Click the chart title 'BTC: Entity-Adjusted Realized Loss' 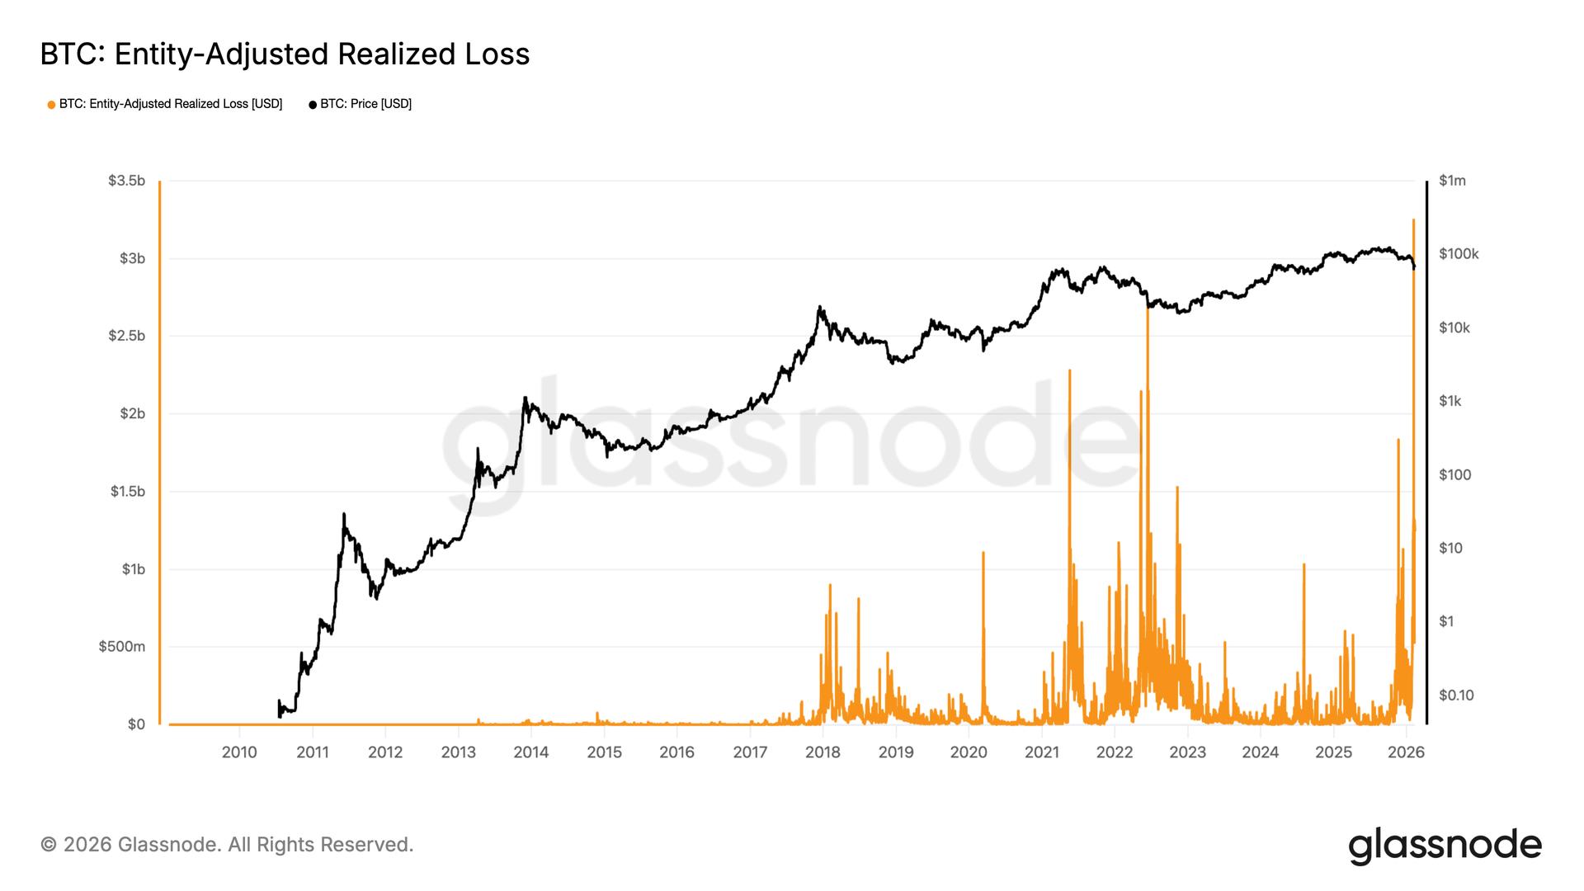pos(285,54)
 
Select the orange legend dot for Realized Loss pos(51,105)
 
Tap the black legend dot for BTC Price pos(313,105)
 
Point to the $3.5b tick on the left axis pos(126,181)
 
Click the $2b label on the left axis pos(132,413)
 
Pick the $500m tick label pos(122,646)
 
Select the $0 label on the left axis pos(136,724)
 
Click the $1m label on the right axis pos(1452,181)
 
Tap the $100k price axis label pos(1459,254)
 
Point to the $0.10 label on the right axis pos(1456,695)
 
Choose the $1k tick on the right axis pos(1450,401)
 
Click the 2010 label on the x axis pos(239,752)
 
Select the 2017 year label pos(750,752)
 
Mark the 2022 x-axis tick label pos(1115,752)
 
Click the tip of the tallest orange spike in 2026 pos(1413,220)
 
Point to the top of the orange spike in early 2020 pos(983,553)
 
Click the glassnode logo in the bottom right pos(1445,846)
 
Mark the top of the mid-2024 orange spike pos(1303,565)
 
